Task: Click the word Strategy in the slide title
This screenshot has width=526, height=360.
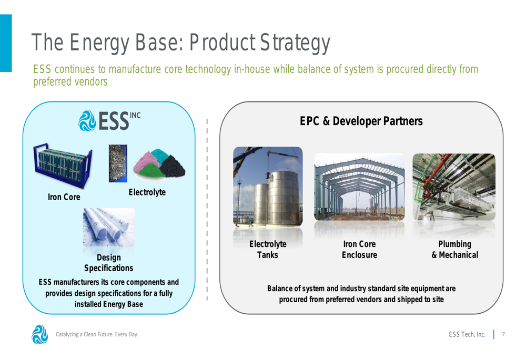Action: [x=295, y=43]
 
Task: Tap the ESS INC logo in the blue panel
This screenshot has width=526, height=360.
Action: [x=109, y=121]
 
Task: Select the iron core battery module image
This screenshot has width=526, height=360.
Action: [x=63, y=166]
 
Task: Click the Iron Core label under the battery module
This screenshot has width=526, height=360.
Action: [x=64, y=197]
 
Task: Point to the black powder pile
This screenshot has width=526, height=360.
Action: [x=173, y=166]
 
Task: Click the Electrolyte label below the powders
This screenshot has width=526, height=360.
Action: [x=147, y=192]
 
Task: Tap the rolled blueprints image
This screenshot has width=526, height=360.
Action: [x=109, y=227]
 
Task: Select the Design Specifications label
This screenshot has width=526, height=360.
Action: [x=109, y=263]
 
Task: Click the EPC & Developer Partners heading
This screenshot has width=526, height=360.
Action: [x=361, y=121]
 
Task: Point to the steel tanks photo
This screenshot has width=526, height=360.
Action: [x=268, y=187]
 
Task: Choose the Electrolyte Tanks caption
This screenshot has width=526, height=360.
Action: [x=268, y=250]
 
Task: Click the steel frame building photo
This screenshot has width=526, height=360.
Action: [x=359, y=187]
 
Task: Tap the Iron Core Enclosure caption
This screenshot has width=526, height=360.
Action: [x=359, y=250]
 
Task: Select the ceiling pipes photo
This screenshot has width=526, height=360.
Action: [x=454, y=187]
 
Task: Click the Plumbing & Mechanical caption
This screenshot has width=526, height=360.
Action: [x=455, y=250]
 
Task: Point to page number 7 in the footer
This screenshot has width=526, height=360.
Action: [x=503, y=334]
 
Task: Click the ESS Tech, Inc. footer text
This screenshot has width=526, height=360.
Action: [x=467, y=334]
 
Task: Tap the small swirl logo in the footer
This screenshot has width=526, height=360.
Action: [x=39, y=334]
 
